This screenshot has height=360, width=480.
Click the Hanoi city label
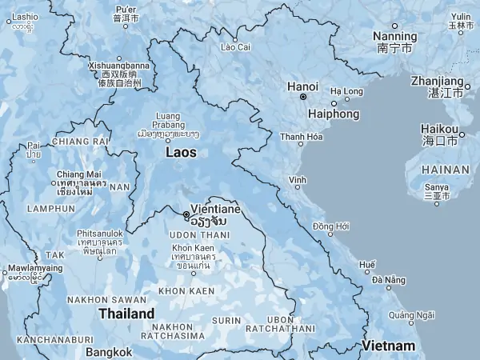point(303,86)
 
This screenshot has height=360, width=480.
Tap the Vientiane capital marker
point(186,214)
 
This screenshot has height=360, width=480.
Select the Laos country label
point(182,151)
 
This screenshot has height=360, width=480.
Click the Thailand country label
point(126,314)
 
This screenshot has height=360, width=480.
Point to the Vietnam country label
point(389,346)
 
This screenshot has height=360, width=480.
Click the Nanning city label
point(394,37)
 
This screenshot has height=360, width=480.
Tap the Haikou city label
point(440,130)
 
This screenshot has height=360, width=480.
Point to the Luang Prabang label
point(167,120)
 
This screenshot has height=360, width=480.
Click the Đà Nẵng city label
point(388,279)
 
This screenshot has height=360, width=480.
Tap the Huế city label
point(367,264)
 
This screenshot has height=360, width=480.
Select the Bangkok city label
point(109,352)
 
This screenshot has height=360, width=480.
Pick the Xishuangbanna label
point(119,66)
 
